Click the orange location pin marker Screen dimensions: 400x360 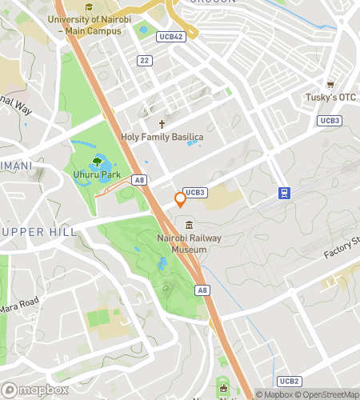point(180,198)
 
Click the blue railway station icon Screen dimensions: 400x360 point(284,193)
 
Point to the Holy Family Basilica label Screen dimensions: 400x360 point(162,138)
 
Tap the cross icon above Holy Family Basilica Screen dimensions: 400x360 point(162,124)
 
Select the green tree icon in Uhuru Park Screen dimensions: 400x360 point(97,161)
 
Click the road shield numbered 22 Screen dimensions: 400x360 point(144,60)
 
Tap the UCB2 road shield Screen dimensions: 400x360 point(290,381)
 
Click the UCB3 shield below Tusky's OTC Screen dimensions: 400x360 point(329,120)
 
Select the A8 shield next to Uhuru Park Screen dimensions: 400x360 point(140,181)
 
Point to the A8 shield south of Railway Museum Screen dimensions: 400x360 point(202,290)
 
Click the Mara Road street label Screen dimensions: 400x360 point(18,306)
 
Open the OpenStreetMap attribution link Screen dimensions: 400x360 point(327,394)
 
